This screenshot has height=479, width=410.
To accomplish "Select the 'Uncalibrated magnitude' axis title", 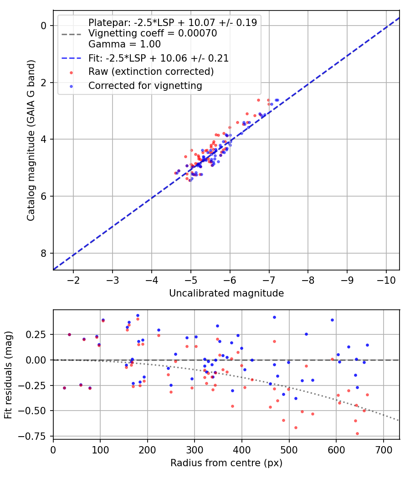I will pos(226,293).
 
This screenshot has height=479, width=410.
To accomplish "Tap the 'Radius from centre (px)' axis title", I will pos(226,463).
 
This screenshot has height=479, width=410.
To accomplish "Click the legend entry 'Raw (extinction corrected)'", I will pos(151,72).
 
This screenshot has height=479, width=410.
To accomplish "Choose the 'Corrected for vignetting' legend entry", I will pos(145,85).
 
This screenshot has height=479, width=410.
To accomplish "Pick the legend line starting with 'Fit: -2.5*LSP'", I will pos(158,58).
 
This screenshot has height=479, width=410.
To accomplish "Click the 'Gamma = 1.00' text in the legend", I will pos(124,45).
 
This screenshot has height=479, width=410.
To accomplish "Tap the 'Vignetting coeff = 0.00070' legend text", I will pos(153,33).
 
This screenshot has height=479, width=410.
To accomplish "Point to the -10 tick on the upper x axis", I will pos(386,279).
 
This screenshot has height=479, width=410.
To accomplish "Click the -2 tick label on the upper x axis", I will pos(73,279).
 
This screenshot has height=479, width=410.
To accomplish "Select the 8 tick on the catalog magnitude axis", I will pos(44,253).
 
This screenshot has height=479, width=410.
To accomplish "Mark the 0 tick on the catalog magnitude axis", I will pos(44,26).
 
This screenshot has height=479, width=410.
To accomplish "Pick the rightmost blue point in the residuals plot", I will pos(367,345).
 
